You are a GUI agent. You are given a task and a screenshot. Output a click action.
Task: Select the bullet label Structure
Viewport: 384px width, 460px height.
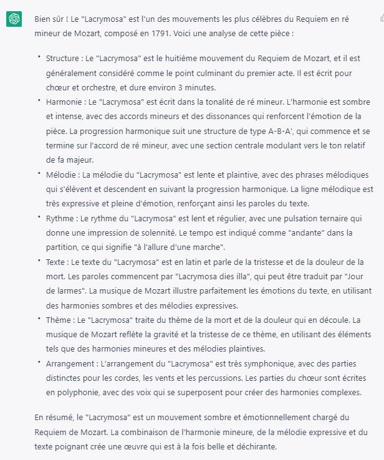tap(64, 59)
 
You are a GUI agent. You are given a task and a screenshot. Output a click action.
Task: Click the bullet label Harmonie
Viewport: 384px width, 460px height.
tap(64, 101)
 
